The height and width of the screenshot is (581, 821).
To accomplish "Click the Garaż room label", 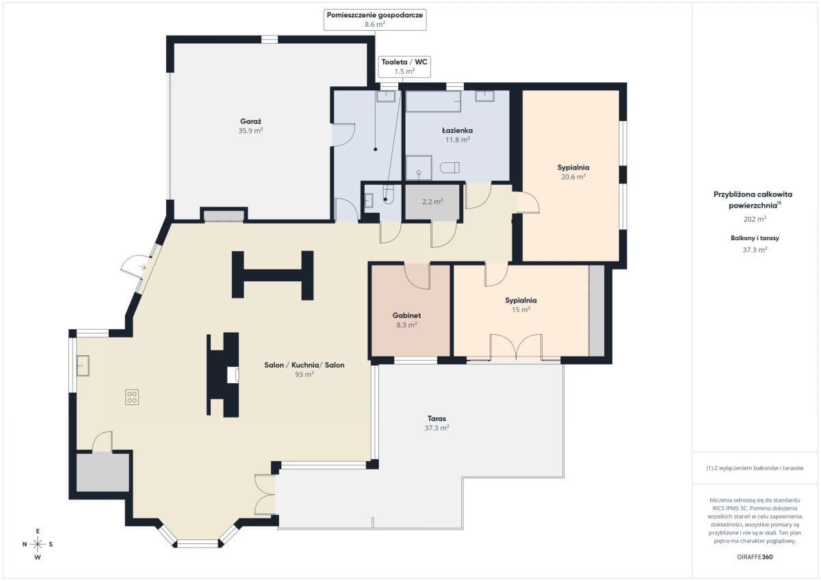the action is click(x=250, y=121).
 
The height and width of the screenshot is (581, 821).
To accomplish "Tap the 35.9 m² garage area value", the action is click(x=250, y=131).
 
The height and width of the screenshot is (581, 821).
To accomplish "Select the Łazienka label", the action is click(x=458, y=130).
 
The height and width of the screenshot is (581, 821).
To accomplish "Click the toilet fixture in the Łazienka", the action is click(x=449, y=168).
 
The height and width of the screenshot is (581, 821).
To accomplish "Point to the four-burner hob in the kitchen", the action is click(x=132, y=397).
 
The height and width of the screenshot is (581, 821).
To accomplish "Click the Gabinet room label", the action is click(x=406, y=315).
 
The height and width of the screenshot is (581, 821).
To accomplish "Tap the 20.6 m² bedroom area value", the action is click(x=573, y=177).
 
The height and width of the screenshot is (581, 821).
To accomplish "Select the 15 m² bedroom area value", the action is click(x=521, y=310).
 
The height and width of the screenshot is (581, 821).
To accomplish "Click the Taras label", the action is click(x=436, y=418).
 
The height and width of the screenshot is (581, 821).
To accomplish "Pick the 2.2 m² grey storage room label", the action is click(x=432, y=202).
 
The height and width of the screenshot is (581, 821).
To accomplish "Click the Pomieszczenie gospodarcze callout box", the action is click(x=375, y=20).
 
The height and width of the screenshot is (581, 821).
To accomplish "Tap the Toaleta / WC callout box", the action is click(x=404, y=66).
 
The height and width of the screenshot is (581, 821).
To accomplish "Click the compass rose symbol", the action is click(x=38, y=544).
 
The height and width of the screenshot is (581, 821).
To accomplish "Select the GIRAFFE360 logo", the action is click(x=755, y=557).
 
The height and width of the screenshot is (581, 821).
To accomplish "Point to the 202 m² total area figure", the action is click(x=755, y=219).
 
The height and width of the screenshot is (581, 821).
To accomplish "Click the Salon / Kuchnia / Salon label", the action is click(x=304, y=365).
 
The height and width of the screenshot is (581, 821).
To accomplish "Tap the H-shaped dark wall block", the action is click(x=273, y=275).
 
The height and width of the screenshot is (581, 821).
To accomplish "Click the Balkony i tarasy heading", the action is click(x=755, y=238).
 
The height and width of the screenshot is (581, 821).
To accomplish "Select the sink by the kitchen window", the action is click(x=83, y=365).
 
